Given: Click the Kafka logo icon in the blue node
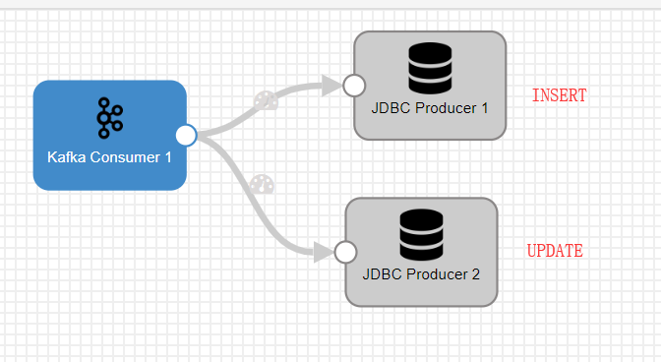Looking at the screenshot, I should tap(109, 117).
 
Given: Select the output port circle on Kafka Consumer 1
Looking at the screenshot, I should tap(186, 135).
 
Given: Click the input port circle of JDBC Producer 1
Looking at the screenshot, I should tap(354, 86).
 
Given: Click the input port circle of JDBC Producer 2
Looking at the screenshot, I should tap(345, 253).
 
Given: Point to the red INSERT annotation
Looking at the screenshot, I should tap(559, 95).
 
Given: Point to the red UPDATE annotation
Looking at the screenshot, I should tap(555, 251).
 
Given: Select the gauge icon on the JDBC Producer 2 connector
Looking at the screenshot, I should tap(260, 183).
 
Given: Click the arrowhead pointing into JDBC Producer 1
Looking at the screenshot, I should tap(330, 87).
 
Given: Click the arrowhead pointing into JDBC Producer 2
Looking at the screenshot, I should tap(323, 253).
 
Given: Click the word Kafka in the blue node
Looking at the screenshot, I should tap(65, 156).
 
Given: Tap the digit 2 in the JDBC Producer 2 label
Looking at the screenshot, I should tap(475, 274).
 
